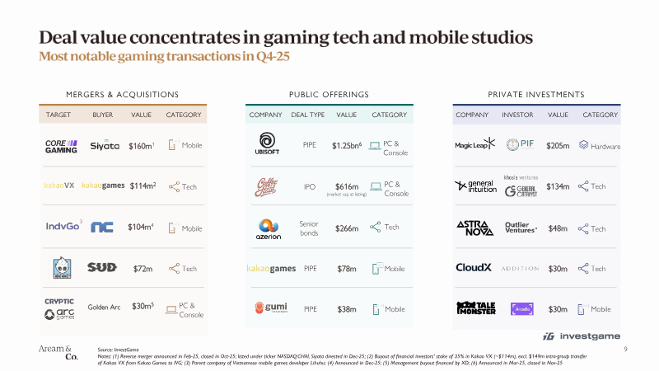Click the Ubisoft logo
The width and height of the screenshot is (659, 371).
coord(269,145)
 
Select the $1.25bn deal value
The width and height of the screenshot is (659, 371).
coord(347,146)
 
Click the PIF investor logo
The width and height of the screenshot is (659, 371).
coord(520,145)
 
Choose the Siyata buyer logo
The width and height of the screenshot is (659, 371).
coord(105,146)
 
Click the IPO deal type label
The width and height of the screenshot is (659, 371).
coord(310,187)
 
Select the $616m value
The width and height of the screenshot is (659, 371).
coord(347,186)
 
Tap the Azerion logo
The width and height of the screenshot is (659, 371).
coord(269,229)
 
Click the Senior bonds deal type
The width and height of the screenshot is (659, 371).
coord(310,228)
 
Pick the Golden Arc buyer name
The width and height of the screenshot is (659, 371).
coord(104,308)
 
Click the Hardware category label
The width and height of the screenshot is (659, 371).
coord(605,146)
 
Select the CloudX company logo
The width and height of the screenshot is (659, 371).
coord(474,268)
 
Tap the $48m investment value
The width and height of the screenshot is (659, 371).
coord(558,228)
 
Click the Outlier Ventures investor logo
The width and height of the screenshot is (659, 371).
coord(520,228)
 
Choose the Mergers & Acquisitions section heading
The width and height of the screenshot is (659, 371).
coord(123,95)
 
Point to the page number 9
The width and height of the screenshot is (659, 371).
coord(627,350)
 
